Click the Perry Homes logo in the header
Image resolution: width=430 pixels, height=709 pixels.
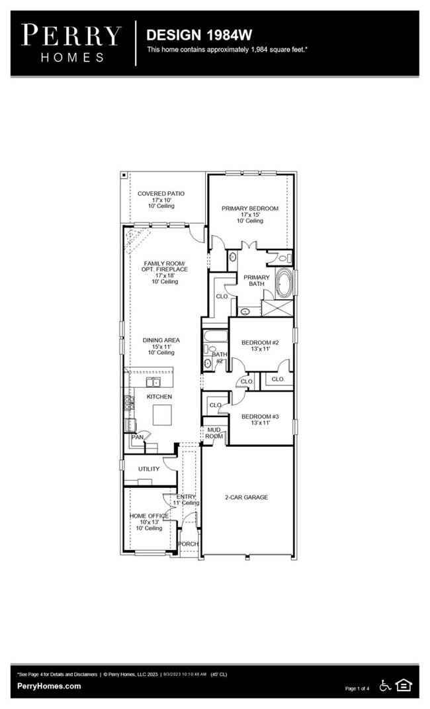pos(71,42)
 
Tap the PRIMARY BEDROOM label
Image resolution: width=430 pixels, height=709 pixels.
pos(250,209)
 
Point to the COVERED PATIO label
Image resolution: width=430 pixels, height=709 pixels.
pos(161,194)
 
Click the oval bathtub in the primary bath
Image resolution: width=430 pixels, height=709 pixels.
pos(284,284)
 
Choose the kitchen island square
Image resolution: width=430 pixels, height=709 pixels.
pos(163,415)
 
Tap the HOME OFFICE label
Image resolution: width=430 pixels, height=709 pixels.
pos(148,516)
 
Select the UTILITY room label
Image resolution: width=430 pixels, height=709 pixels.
pos(148,469)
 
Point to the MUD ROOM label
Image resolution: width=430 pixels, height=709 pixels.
pos(214,432)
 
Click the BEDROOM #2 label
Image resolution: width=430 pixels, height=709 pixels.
pos(260,342)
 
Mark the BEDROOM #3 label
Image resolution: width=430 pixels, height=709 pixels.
pos(260,416)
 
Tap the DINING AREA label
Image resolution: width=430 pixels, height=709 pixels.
pos(161,340)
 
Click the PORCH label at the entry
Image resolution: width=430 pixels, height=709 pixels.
pos(189,544)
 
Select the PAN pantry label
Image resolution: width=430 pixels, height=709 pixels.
pos(137,437)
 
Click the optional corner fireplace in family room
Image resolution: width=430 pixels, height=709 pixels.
pos(137,235)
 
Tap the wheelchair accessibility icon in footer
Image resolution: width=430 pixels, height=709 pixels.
pos(386,685)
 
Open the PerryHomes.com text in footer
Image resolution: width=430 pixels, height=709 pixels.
pos(49,686)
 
